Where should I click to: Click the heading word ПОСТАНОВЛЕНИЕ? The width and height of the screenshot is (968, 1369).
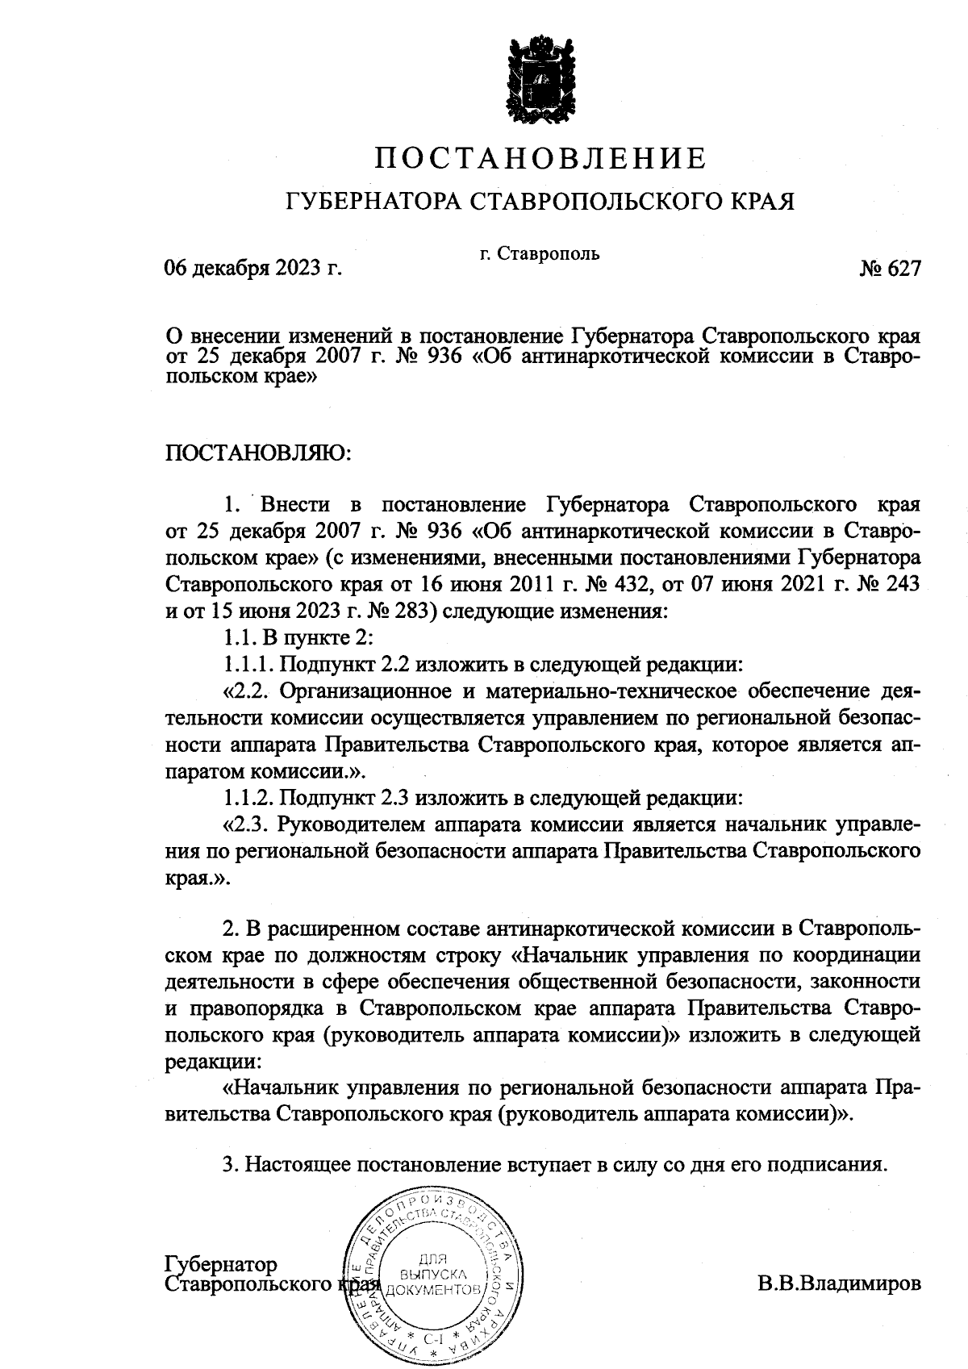click(541, 158)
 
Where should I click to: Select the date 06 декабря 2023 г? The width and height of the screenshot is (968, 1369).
click(253, 268)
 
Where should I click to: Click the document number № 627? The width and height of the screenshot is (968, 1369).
click(890, 269)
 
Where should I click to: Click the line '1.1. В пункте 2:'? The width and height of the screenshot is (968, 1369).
click(298, 637)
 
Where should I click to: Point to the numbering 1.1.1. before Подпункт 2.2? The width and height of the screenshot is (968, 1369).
click(249, 665)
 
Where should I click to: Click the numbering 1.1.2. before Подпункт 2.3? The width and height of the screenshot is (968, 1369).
click(249, 799)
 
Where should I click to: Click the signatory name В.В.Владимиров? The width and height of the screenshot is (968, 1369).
click(838, 1283)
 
